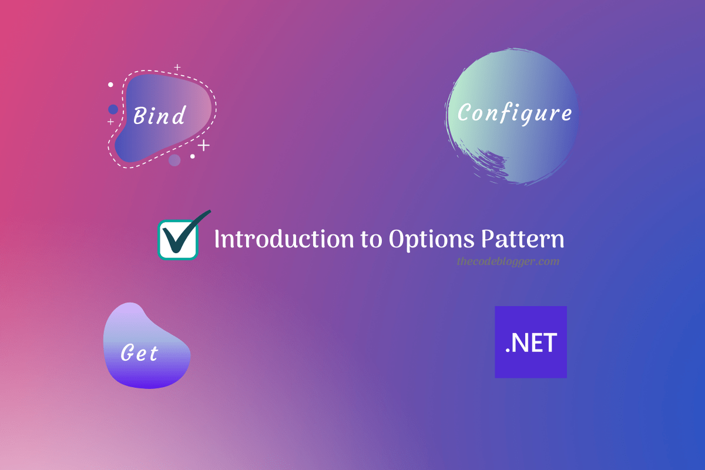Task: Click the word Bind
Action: (159, 115)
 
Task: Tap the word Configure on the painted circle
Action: (514, 113)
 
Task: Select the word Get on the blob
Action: (140, 353)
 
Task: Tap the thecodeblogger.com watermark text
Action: (508, 261)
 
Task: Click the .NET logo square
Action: (531, 342)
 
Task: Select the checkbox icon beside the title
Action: (178, 239)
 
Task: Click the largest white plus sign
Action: (203, 145)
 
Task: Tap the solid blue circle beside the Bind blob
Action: (113, 109)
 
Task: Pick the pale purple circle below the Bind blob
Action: (174, 160)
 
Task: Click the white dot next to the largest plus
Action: (192, 156)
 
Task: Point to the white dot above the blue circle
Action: (110, 85)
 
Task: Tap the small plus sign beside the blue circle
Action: (110, 122)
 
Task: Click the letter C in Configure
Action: (464, 113)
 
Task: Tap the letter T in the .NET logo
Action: (550, 343)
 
